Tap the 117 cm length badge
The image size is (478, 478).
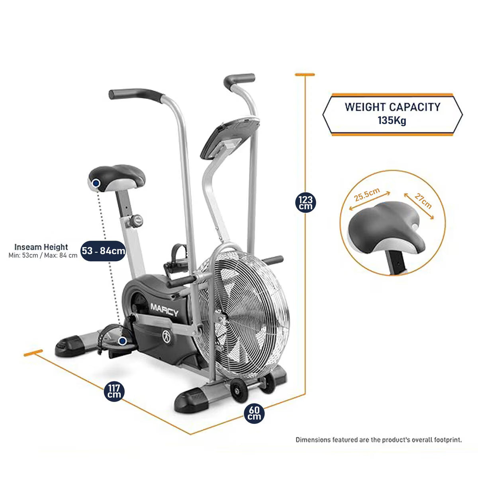point(114,392)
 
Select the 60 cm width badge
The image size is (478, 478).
point(254,413)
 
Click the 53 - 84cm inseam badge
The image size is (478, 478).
point(103,251)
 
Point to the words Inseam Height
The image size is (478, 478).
point(41,247)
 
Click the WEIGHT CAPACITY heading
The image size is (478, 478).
point(392,107)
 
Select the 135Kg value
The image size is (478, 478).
point(392,121)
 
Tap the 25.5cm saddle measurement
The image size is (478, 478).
point(367,195)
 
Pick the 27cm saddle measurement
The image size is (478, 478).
point(423,201)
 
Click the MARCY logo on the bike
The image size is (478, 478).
point(164,310)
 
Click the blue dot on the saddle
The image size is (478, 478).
point(96,183)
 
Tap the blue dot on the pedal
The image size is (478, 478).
point(122,341)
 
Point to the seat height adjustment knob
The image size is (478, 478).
point(136,221)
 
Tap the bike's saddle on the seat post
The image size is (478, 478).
point(117,178)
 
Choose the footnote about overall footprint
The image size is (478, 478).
point(379,440)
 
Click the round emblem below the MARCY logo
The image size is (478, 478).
point(167,337)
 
